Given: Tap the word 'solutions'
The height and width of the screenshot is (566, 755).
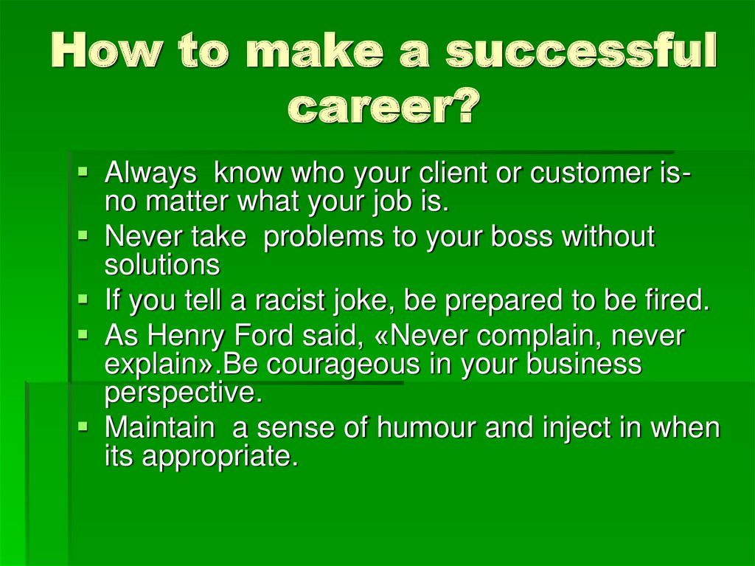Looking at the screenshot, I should pyautogui.click(x=162, y=264).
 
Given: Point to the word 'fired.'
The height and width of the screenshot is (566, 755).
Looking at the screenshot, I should pyautogui.click(x=672, y=301).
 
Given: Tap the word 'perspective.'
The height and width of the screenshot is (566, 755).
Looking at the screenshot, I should pyautogui.click(x=184, y=393).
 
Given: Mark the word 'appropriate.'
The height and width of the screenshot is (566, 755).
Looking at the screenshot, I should pyautogui.click(x=220, y=456).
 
